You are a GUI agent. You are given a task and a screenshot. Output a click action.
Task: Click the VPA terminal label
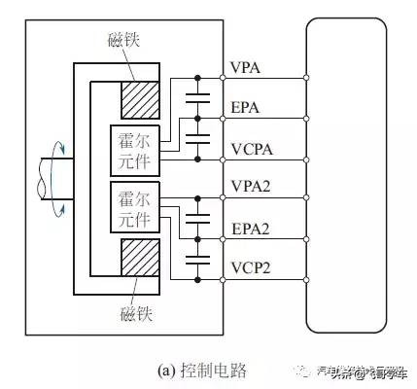tap(244, 70)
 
